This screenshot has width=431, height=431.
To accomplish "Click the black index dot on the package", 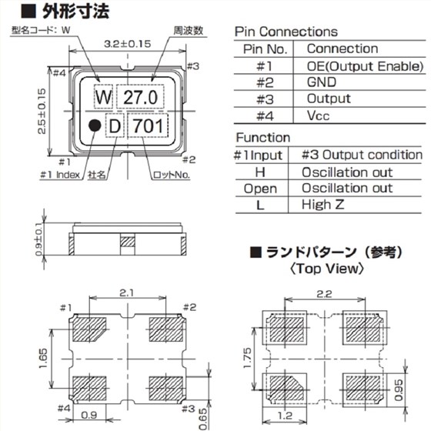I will (94, 125).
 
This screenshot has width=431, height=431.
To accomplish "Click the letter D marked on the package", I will (114, 125).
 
